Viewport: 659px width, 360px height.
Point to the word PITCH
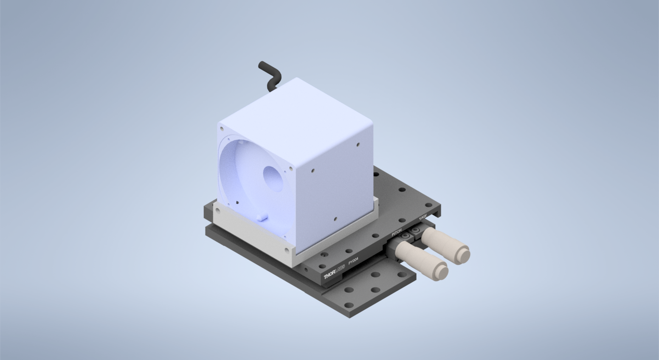click(x=396, y=233)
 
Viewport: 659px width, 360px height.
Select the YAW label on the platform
click(x=423, y=217)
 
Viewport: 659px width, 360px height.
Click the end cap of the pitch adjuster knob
click(x=441, y=271)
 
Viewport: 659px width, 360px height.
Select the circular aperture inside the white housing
click(x=273, y=178)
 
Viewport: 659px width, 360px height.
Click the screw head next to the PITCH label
click(x=406, y=236)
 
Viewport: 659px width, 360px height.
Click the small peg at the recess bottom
click(x=261, y=217)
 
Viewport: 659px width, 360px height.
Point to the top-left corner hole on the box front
click(x=221, y=128)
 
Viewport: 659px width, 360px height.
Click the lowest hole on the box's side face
click(x=335, y=219)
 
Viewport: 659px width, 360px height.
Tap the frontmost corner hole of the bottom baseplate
click(x=349, y=305)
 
